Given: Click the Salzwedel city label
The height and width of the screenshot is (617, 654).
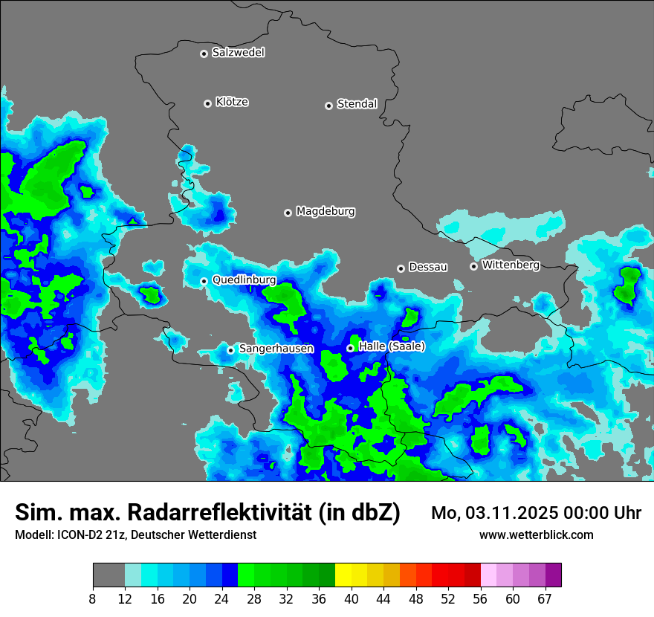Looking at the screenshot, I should click(238, 53).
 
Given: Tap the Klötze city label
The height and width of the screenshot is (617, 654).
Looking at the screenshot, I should click(232, 102).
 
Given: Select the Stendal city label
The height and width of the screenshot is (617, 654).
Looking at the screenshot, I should click(357, 104).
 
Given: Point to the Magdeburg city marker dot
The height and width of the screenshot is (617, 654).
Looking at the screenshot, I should click(288, 213).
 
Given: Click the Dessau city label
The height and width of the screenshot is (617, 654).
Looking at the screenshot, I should click(428, 267).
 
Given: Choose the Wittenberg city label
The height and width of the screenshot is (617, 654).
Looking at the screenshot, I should click(510, 265).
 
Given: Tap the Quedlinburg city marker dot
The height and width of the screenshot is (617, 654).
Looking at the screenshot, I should click(204, 281).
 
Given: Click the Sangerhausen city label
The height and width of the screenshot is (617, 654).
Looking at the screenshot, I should click(276, 349).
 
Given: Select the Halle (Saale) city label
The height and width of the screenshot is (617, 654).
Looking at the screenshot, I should click(392, 346).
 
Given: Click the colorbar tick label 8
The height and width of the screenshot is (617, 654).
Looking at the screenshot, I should click(93, 598).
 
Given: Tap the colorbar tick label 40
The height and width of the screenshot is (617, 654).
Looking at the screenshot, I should click(352, 598).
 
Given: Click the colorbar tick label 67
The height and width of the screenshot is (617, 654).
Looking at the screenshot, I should click(545, 598).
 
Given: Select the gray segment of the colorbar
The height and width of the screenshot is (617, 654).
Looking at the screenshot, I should click(109, 575).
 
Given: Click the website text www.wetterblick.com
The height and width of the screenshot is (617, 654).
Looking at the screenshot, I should click(536, 535).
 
